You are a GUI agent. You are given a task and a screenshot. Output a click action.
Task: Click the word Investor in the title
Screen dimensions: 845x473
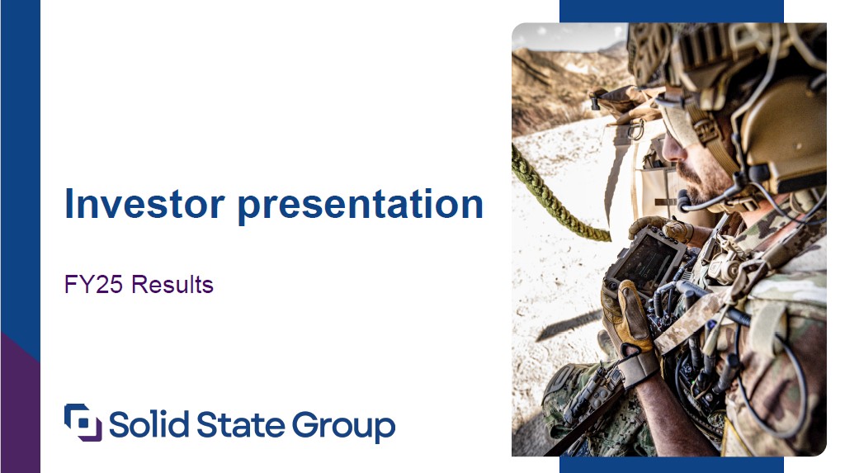click(144, 203)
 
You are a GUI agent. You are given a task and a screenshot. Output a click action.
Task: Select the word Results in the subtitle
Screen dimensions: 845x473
click(172, 284)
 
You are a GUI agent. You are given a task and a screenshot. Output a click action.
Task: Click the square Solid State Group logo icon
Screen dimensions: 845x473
click(83, 423)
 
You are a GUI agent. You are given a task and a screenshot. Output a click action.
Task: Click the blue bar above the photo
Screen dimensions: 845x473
click(672, 12)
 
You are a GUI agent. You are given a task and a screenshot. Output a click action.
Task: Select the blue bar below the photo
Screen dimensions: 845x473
click(672, 465)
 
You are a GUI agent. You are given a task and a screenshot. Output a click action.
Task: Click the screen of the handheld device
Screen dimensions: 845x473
click(645, 260)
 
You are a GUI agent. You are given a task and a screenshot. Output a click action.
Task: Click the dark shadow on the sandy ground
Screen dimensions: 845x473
click(569, 325)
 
